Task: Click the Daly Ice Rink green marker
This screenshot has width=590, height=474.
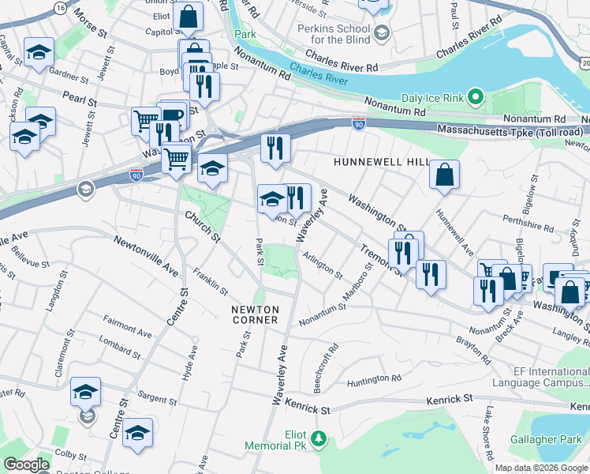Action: point(475,98)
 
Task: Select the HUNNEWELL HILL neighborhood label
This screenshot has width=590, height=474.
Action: point(381,161)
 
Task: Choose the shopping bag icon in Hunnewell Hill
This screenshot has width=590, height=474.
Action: point(445,175)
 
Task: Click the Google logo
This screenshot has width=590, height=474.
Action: point(26,465)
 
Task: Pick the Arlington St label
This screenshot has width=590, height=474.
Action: point(323,265)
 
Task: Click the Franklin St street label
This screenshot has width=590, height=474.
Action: point(211,280)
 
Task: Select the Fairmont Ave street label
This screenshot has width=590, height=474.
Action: point(128,327)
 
